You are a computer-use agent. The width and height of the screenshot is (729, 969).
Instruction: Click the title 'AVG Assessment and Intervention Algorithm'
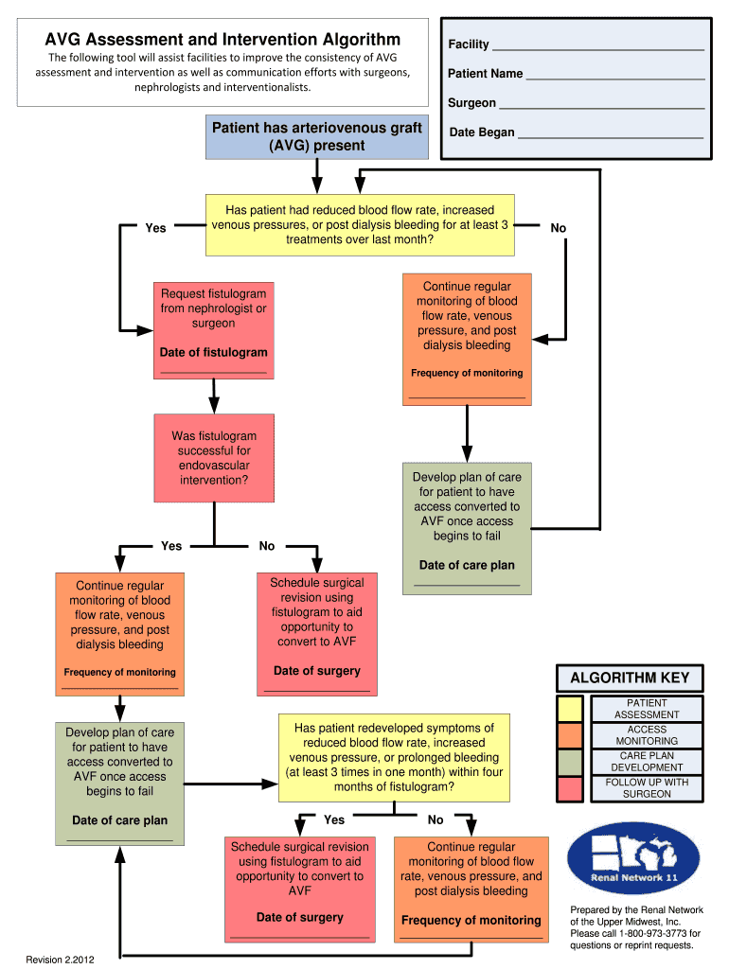(223, 39)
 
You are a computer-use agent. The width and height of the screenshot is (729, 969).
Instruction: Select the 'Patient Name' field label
(486, 73)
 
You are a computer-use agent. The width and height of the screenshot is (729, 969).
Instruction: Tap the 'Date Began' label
(482, 132)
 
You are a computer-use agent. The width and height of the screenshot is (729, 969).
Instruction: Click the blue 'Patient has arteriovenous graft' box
(316, 136)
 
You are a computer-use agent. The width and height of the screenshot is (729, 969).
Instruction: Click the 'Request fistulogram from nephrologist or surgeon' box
(213, 332)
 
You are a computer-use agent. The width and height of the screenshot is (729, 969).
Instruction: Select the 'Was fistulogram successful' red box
(214, 458)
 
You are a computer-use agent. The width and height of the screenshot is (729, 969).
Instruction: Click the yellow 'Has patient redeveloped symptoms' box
(393, 757)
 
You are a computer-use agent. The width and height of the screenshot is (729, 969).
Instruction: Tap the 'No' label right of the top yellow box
(559, 228)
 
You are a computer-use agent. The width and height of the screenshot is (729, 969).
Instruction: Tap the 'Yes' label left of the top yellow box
(156, 228)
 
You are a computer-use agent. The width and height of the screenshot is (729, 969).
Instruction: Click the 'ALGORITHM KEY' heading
(630, 678)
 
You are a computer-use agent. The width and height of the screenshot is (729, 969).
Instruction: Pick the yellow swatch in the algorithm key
(571, 709)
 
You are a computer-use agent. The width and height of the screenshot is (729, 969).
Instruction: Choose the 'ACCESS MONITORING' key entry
(647, 735)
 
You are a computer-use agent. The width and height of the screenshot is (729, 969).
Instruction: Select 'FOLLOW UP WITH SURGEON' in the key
(647, 788)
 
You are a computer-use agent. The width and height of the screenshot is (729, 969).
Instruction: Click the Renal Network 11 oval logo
(633, 858)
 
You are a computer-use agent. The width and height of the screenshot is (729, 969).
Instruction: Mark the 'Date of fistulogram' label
(213, 352)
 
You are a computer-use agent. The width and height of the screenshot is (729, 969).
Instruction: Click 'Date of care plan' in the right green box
(467, 565)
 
